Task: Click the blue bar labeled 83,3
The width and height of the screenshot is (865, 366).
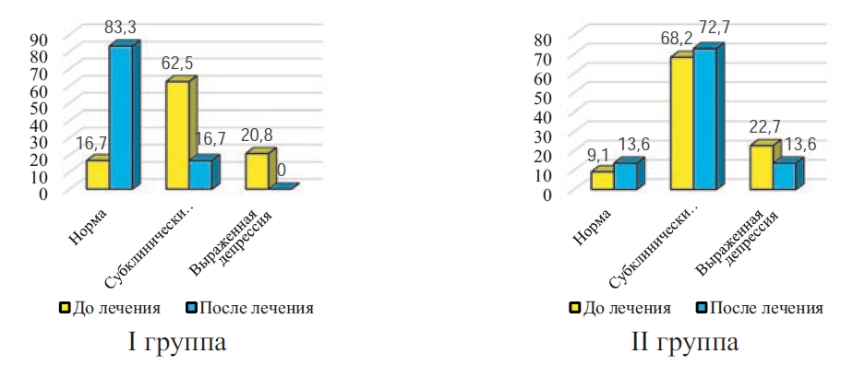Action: point(121,117)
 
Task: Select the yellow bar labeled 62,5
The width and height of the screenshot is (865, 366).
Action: point(177,135)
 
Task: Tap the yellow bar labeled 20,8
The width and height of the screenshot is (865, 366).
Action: point(257,171)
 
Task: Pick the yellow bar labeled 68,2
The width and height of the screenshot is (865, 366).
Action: point(682,124)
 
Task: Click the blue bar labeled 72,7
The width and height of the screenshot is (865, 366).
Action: point(705,119)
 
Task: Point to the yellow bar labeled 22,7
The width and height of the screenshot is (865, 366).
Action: point(762,167)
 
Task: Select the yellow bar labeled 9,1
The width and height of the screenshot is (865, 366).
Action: point(603,181)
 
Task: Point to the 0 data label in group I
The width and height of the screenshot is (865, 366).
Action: point(282,171)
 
